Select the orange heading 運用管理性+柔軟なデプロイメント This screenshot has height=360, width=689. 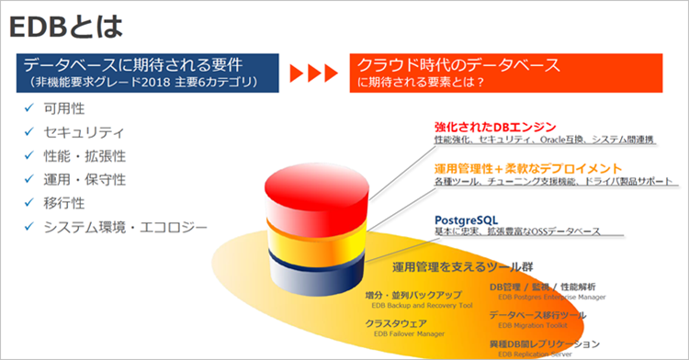coord(527,169)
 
